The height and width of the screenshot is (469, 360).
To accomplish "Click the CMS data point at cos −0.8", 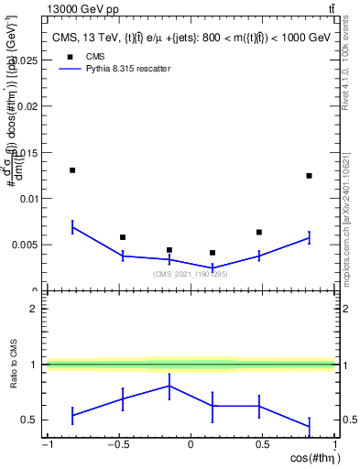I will point(72,170).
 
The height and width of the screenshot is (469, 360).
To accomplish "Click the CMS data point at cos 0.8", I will point(309,176).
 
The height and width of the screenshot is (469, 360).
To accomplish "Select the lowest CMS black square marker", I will point(213,253).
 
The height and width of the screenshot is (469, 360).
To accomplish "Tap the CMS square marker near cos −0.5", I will point(123,237).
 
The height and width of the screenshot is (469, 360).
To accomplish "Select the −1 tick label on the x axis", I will point(46,446).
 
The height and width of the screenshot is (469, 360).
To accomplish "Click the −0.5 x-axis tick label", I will point(116,446).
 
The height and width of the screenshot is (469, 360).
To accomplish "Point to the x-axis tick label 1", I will point(334,446).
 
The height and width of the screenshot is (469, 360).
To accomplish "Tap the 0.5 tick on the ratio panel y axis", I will point(34,420).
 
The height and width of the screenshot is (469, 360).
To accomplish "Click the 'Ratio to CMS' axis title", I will point(12,364).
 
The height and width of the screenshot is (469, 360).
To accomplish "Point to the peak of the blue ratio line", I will point(169,386).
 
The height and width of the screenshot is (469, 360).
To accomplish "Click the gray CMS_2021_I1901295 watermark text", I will point(190,274).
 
